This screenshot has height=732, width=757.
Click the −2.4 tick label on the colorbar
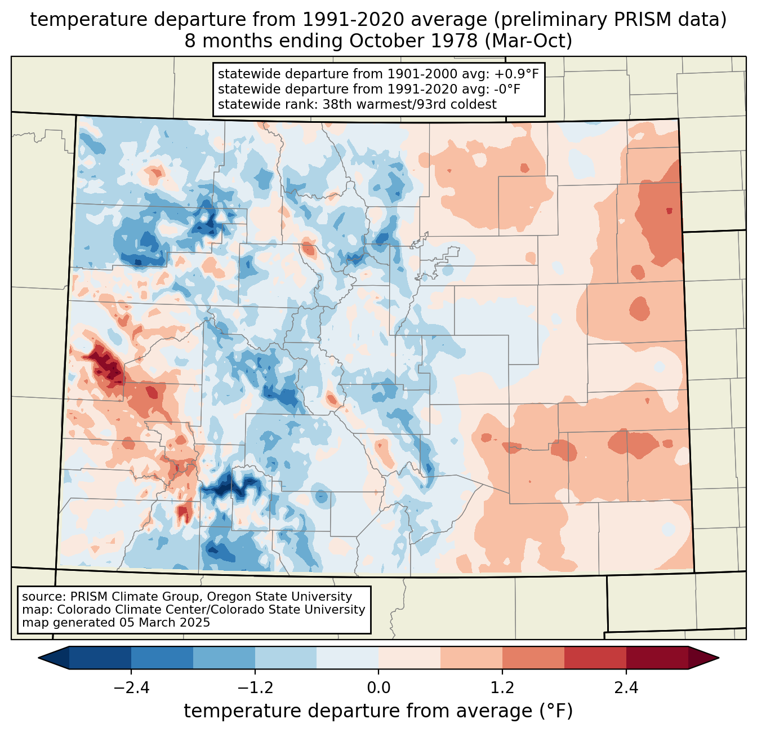[x=131, y=688]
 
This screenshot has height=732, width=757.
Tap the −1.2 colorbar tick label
[x=255, y=688]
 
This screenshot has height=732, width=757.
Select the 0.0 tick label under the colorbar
[x=379, y=688]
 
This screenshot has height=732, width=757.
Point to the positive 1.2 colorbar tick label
[x=502, y=688]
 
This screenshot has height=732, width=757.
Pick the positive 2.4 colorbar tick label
[x=626, y=688]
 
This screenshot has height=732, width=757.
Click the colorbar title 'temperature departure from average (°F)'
[x=379, y=711]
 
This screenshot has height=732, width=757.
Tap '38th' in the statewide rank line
[x=337, y=104]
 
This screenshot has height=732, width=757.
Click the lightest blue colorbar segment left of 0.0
[x=348, y=658]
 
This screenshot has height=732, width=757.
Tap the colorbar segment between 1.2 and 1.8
[x=533, y=658]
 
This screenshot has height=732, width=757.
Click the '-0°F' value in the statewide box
[x=507, y=89]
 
